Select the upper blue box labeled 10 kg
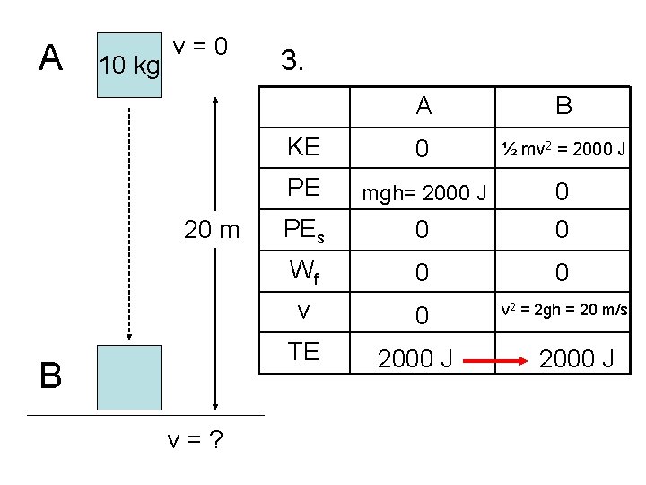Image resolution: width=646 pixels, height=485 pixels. [x=131, y=64]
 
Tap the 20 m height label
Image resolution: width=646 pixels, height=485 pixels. [x=212, y=230]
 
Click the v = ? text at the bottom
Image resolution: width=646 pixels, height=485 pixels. [x=195, y=440]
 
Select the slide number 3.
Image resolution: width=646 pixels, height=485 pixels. [x=292, y=61]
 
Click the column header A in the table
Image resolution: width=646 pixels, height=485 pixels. [x=423, y=106]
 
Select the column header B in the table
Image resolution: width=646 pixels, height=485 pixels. [x=563, y=106]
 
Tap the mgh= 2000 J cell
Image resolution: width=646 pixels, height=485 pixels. [x=423, y=192]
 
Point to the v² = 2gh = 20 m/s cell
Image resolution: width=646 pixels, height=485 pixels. [x=563, y=310]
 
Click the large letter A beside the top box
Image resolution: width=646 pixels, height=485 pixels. [x=51, y=57]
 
